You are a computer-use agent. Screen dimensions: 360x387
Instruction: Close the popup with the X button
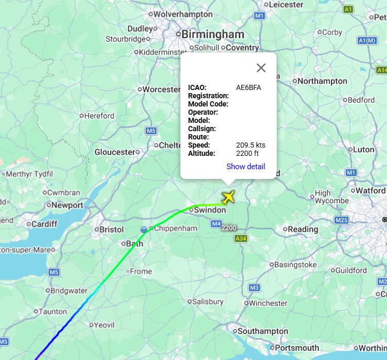(261, 68)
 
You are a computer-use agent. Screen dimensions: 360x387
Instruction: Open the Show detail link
(245, 167)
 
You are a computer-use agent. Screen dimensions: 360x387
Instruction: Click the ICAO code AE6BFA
(249, 87)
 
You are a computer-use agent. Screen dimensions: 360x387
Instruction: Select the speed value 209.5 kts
(251, 145)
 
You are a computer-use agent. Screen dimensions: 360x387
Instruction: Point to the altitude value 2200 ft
(247, 153)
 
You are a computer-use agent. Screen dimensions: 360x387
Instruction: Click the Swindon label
(210, 210)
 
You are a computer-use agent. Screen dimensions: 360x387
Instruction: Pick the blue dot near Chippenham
(144, 229)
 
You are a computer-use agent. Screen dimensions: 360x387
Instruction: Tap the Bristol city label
(112, 229)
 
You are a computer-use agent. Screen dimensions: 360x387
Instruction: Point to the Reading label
(303, 229)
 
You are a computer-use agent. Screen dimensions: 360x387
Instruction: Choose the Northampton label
(323, 81)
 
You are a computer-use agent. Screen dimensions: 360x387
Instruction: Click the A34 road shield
(240, 238)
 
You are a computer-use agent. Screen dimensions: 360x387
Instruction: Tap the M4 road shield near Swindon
(216, 223)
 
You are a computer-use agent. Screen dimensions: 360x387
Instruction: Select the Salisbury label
(208, 301)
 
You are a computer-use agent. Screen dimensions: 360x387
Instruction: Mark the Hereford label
(99, 116)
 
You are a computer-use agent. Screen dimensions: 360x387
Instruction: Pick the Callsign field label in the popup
(202, 129)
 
